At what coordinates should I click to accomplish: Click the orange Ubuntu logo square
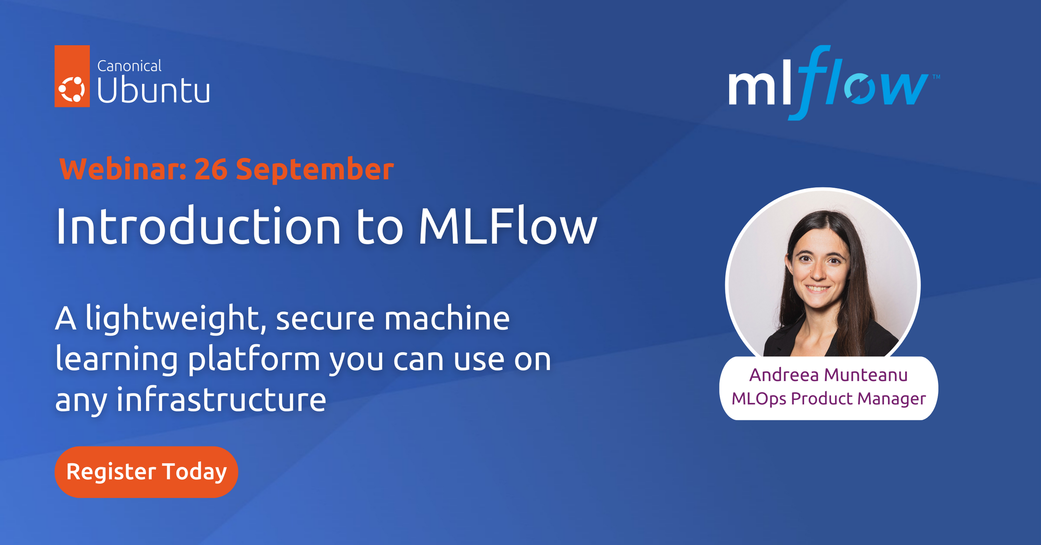72,76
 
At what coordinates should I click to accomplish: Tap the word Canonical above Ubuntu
129,66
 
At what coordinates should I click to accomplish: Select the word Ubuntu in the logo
153,90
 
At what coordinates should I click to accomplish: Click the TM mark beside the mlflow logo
936,76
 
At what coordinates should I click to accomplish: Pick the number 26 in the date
211,169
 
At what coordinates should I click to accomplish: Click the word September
315,170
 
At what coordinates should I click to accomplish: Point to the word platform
254,359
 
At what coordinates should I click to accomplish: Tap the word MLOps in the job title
759,399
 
